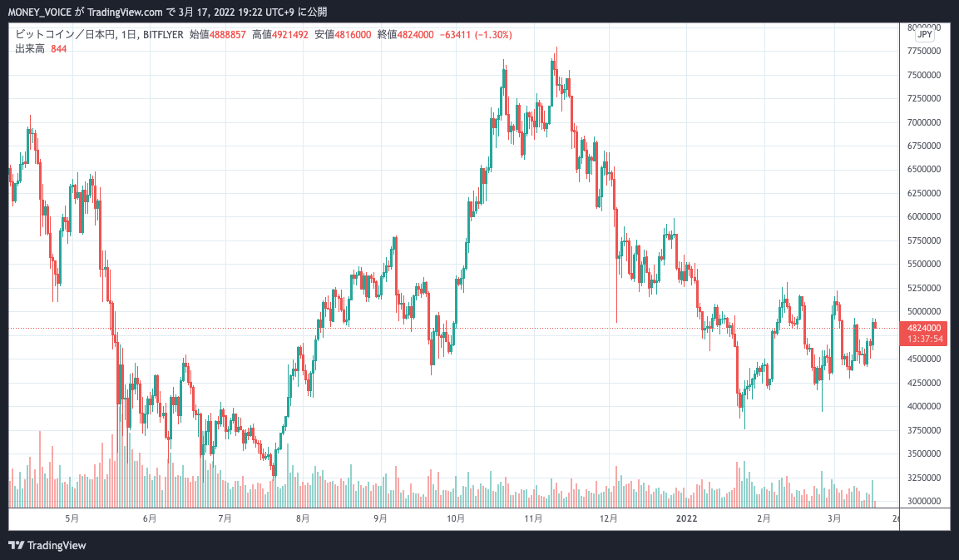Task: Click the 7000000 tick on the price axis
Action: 924,122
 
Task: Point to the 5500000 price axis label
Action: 924,265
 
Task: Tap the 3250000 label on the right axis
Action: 924,478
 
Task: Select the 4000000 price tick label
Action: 924,407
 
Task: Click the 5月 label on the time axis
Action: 72,518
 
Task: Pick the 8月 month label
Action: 303,518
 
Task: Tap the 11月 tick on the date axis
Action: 532,518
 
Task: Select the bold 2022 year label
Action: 686,518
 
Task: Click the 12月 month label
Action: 609,518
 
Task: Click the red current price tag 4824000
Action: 924,328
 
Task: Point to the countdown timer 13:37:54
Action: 924,339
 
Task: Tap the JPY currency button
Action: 924,36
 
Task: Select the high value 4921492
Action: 291,35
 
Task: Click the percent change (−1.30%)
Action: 491,35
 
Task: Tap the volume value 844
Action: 58,49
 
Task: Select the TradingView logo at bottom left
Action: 47,545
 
